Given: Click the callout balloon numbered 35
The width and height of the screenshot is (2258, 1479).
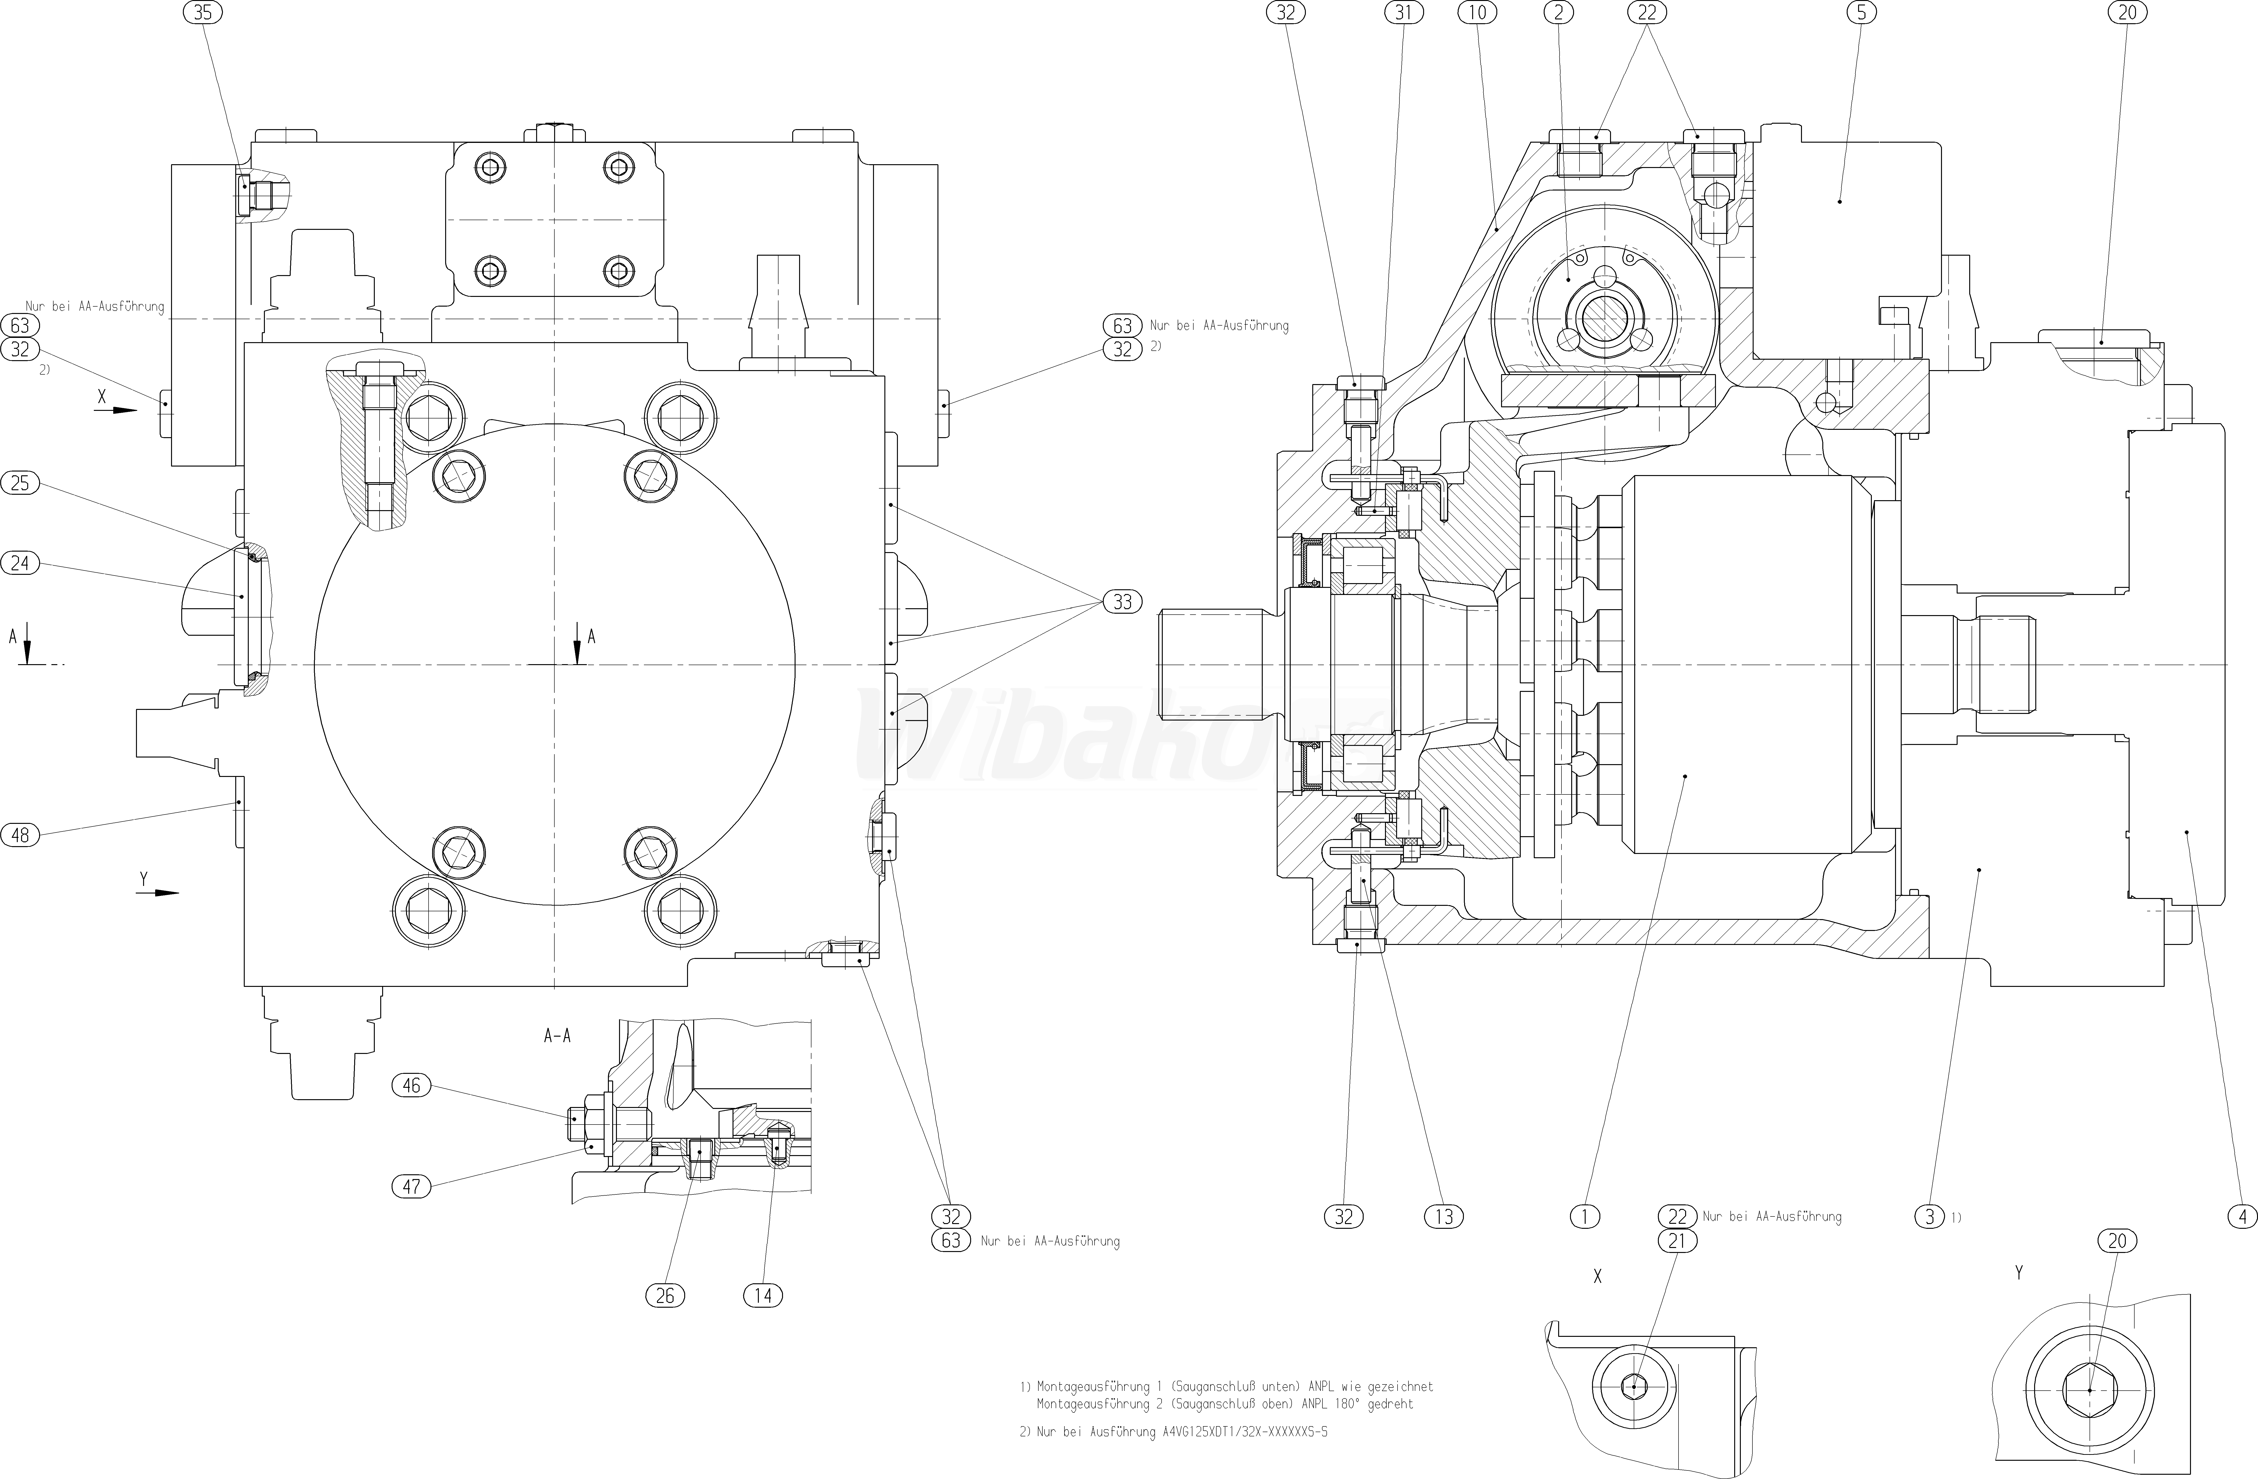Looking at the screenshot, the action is pyautogui.click(x=202, y=12).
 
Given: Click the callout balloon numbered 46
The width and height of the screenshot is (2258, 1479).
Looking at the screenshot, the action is pyautogui.click(x=412, y=1085).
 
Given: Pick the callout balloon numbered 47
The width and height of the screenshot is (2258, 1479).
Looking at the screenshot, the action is pyautogui.click(x=412, y=1186).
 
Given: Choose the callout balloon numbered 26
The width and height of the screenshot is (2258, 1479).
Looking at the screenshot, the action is pyautogui.click(x=665, y=1295).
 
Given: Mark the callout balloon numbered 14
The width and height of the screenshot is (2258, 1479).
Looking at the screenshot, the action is pyautogui.click(x=764, y=1295).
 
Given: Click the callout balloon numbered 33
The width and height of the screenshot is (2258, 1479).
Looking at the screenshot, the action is pyautogui.click(x=1122, y=601).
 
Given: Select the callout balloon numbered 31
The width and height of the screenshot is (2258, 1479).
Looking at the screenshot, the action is pyautogui.click(x=1404, y=12).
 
